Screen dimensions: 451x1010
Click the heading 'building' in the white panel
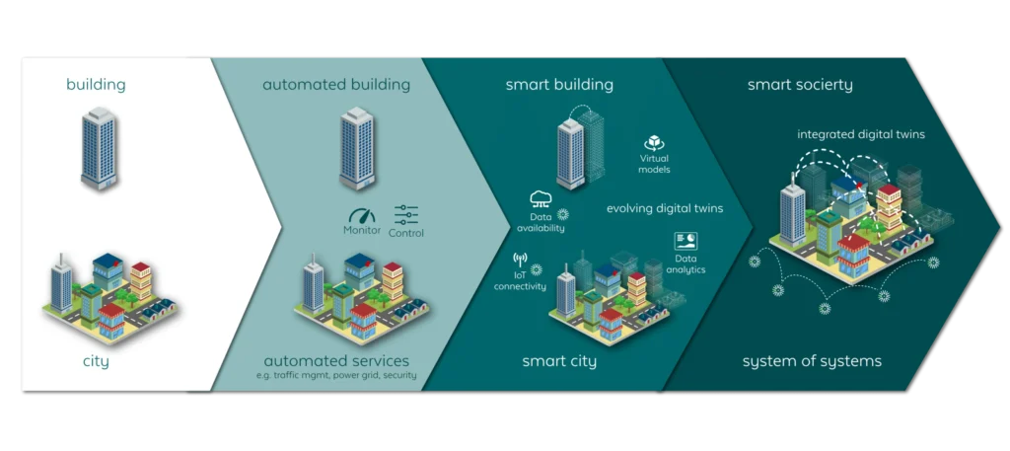96,85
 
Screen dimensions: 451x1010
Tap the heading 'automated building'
336,85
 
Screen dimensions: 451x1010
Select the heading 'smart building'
559,85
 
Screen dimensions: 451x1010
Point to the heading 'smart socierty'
800,85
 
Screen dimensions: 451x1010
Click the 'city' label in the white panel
96,361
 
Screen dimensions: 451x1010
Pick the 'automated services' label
336,360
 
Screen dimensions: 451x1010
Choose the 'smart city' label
559,361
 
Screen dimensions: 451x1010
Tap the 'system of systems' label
812,361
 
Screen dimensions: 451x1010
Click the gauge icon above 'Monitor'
363,214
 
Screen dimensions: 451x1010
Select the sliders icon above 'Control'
406,214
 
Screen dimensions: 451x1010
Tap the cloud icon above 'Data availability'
541,197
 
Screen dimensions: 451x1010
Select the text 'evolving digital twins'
665,209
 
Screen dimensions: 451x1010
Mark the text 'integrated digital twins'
861,134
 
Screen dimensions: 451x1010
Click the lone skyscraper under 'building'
99,147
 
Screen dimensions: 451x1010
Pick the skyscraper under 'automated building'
357,147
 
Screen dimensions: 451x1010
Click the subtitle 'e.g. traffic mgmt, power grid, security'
336,376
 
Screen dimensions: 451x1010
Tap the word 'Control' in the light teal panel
406,233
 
